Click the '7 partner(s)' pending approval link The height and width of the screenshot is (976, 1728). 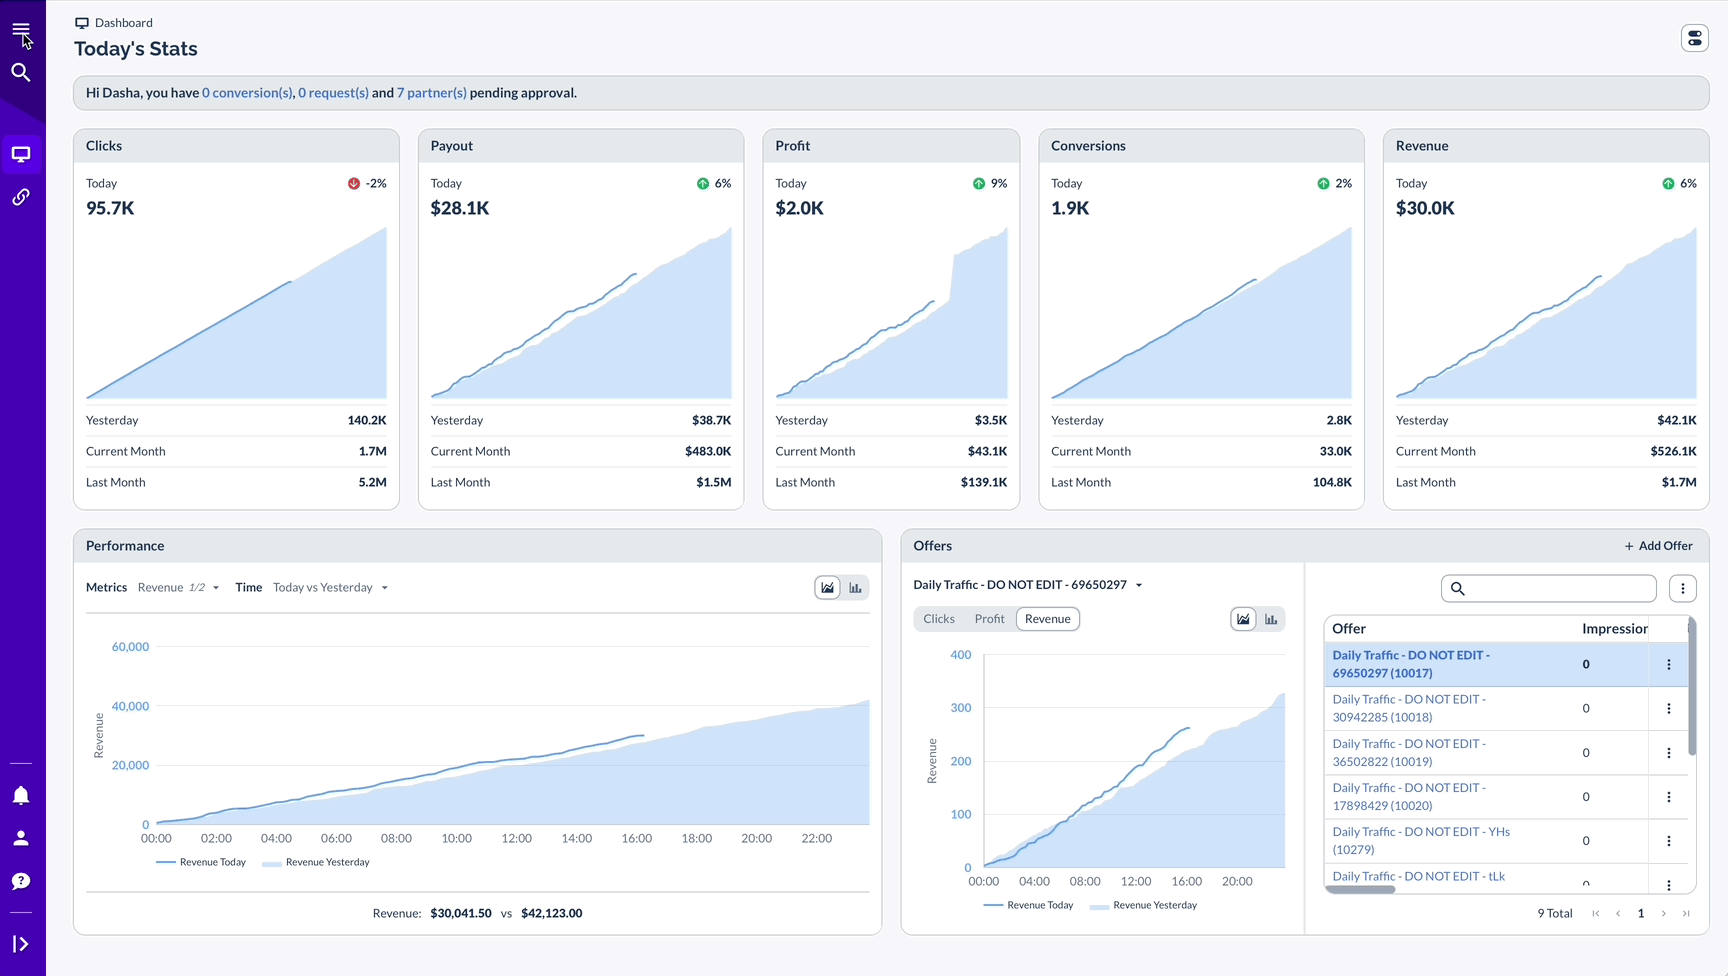tap(431, 93)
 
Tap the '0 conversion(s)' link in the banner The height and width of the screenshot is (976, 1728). tap(247, 93)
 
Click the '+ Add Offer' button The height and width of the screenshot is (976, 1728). tap(1658, 546)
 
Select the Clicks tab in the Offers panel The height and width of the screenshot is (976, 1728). tap(939, 619)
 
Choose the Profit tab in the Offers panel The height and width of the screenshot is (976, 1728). tap(989, 619)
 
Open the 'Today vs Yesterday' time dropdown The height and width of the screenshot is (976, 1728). tap(330, 588)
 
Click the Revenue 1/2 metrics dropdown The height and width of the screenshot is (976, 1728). tap(178, 588)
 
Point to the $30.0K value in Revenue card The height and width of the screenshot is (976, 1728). tap(1425, 208)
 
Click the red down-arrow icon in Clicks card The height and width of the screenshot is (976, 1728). tap(354, 184)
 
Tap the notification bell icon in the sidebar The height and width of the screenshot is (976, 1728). tap(21, 795)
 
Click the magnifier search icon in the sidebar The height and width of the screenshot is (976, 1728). tap(21, 72)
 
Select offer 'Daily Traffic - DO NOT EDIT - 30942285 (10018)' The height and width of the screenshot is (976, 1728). tap(1409, 708)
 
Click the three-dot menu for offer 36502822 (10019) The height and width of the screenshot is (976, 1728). tap(1668, 753)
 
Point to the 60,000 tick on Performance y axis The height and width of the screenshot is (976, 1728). tap(130, 647)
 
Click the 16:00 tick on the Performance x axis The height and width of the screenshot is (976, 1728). tap(636, 838)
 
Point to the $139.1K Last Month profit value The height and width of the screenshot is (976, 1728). tap(984, 482)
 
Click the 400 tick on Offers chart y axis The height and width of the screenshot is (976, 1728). tap(960, 655)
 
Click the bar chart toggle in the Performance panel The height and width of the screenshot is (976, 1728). tap(855, 588)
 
